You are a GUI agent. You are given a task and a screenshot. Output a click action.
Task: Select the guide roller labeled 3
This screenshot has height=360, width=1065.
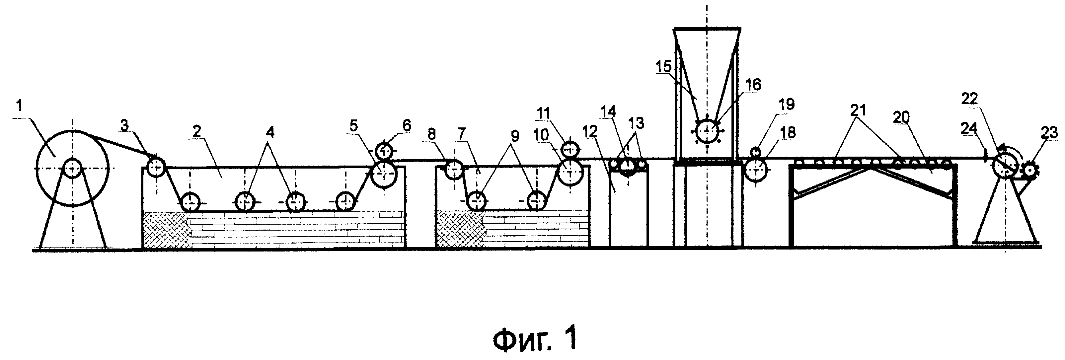click(x=157, y=168)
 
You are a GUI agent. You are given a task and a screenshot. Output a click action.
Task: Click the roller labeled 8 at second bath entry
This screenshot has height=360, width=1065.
click(x=454, y=170)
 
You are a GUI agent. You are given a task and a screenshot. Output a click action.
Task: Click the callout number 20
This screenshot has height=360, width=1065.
click(x=902, y=117)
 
